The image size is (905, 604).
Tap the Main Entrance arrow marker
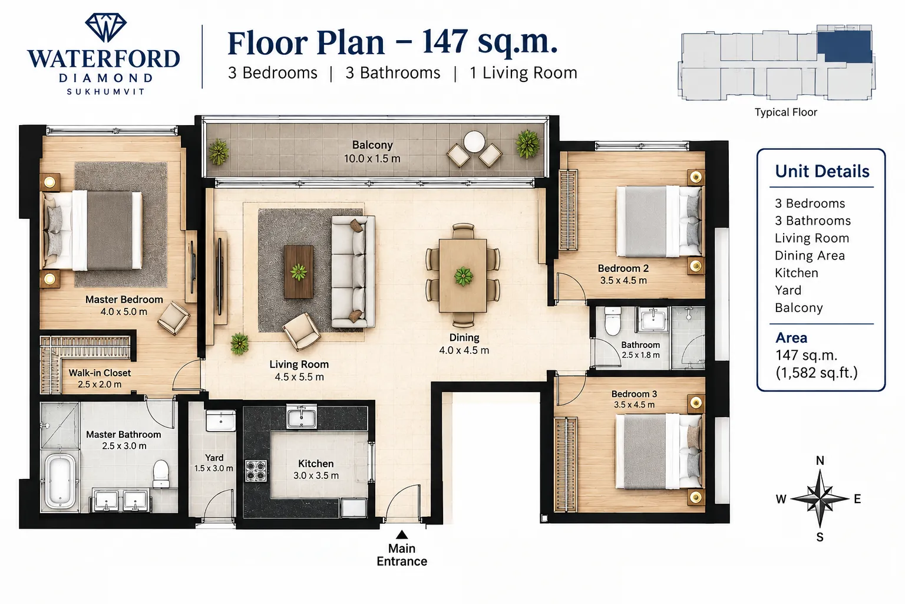pos(402,535)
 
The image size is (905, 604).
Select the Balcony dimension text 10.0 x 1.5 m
pos(372,159)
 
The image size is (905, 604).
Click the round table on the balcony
pos(474,142)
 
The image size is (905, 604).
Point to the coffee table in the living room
pos(299,272)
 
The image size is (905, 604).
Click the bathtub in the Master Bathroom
pos(60,481)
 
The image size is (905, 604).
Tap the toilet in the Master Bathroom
pos(161,474)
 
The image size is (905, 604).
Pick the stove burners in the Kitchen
pos(256,471)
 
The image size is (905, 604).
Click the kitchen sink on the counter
pos(302,417)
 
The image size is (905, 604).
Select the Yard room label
pos(214,458)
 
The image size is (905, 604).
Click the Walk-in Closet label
pos(100,373)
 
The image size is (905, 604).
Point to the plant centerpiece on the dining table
pos(464,277)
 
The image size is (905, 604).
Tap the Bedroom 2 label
pos(623,268)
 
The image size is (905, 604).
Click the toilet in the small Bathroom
pos(613,321)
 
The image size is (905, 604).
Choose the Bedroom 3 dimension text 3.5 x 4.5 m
pos(634,405)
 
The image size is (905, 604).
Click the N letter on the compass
pos(820,461)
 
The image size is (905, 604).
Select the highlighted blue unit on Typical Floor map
pos(844,47)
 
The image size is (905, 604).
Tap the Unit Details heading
pos(822,171)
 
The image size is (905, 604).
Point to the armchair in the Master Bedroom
pos(174,317)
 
